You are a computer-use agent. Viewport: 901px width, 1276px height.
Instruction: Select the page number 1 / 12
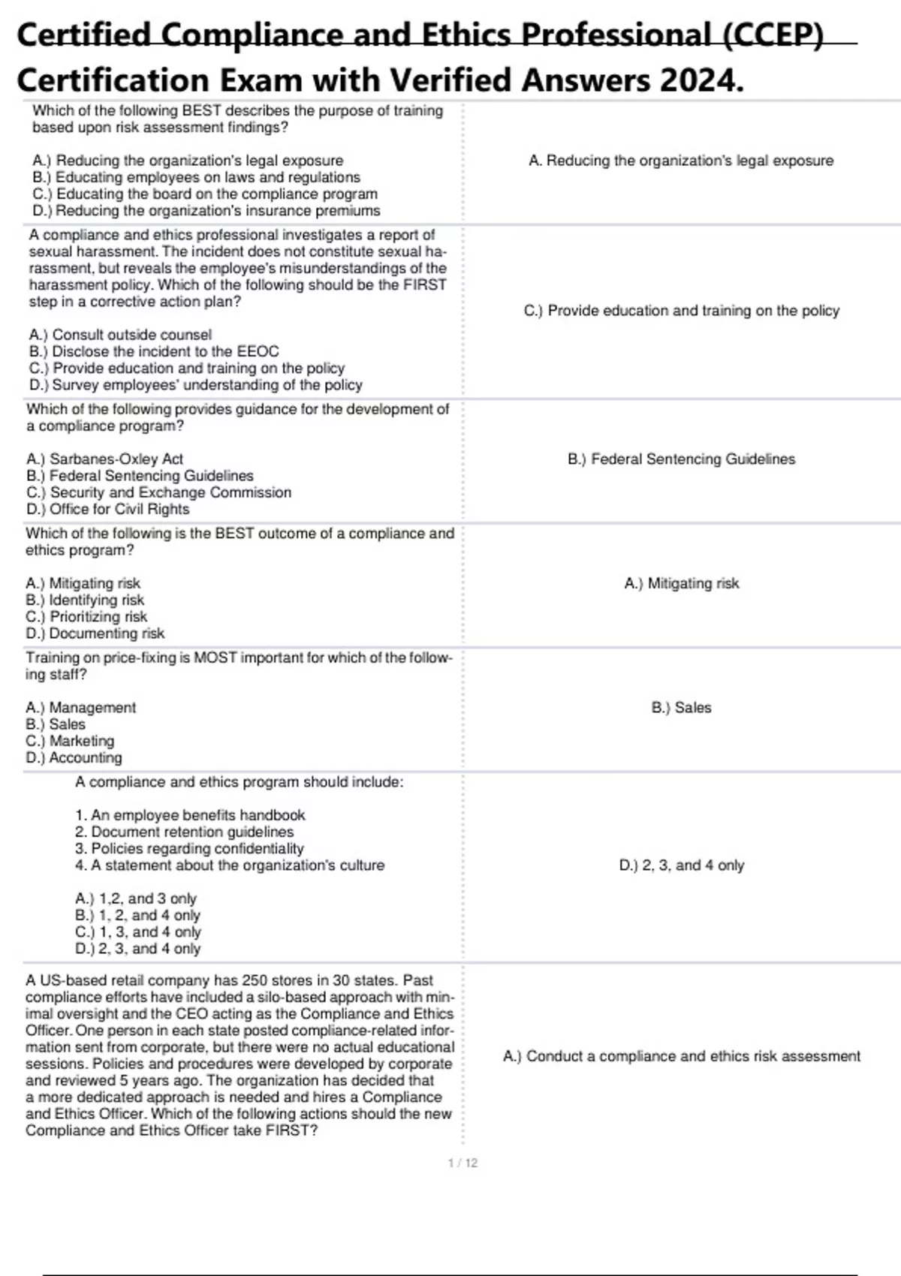point(463,1163)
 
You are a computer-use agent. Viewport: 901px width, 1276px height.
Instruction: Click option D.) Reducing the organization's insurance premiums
point(206,211)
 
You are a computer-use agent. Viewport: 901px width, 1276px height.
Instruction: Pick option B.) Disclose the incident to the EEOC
point(154,351)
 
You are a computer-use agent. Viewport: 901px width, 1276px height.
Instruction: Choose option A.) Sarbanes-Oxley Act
point(104,459)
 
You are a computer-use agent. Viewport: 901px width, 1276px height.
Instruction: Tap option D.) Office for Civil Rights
point(107,509)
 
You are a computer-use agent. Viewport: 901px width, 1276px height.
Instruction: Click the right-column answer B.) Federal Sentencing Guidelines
point(681,459)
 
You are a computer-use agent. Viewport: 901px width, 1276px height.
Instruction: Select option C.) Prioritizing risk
point(86,616)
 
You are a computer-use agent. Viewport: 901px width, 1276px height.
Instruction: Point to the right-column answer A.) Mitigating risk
point(681,583)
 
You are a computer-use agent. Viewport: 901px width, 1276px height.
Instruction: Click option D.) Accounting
point(74,757)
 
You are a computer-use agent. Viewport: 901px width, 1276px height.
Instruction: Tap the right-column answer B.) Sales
point(681,707)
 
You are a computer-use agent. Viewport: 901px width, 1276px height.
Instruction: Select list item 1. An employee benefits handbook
point(190,815)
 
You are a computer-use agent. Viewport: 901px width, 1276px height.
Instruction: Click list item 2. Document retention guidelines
point(184,832)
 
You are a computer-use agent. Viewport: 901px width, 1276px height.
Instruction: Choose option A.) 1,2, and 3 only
point(136,898)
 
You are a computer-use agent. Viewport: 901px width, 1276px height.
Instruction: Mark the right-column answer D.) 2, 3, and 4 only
point(681,865)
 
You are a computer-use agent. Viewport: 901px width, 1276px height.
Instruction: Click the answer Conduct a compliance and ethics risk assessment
point(681,1056)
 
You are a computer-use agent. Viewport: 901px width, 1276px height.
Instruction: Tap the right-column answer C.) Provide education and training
point(681,310)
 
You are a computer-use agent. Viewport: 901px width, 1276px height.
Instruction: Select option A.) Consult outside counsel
point(120,335)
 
